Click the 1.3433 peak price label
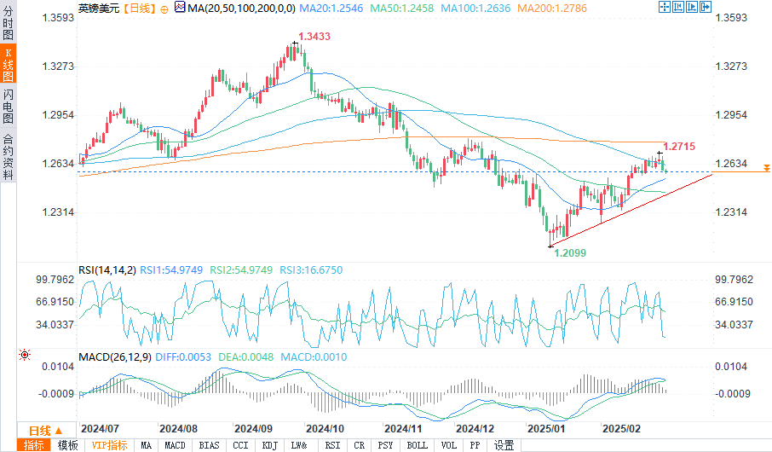tap(314, 37)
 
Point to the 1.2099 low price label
tap(570, 253)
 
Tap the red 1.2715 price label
tap(678, 147)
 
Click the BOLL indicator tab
tap(417, 445)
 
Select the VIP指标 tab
tap(109, 445)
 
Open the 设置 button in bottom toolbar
tap(504, 445)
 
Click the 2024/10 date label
tap(325, 428)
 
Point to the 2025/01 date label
tap(546, 428)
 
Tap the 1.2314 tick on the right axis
tap(734, 212)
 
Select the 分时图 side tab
tap(8, 26)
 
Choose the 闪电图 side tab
tap(8, 104)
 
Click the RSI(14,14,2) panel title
tap(107, 270)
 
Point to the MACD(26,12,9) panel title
tap(113, 356)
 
